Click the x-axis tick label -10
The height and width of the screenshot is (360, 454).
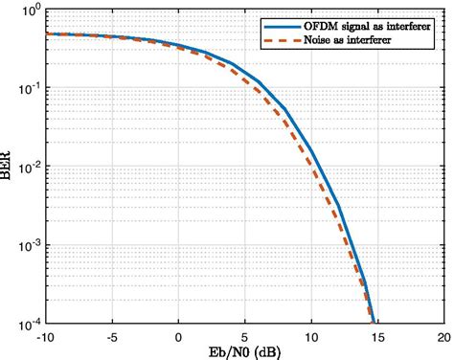coord(44,336)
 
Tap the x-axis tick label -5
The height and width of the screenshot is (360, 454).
coord(111,336)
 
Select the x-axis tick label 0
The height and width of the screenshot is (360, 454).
coord(178,336)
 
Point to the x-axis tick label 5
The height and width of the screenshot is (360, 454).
coord(244,336)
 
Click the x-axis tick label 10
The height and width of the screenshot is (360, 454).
coord(310,336)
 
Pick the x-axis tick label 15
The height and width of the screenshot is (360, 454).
coord(376,336)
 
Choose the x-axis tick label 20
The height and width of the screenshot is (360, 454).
coord(443,336)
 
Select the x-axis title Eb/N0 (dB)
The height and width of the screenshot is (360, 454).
coord(245,351)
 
